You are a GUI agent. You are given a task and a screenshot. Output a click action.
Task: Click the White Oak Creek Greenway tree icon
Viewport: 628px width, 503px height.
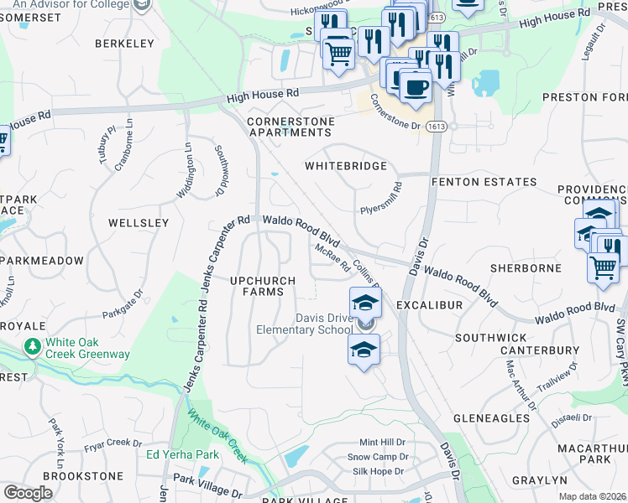click(33, 345)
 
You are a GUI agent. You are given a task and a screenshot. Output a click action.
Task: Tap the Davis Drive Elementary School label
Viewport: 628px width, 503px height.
click(304, 324)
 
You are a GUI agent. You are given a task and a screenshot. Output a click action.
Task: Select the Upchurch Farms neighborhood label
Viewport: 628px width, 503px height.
click(264, 285)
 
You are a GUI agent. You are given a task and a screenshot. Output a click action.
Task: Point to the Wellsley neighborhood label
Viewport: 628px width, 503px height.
click(139, 223)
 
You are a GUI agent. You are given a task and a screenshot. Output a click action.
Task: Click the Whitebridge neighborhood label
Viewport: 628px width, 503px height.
click(346, 167)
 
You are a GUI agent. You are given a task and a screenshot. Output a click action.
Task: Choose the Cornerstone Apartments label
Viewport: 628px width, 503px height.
click(290, 127)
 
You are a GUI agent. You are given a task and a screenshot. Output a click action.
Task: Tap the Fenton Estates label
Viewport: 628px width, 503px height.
click(484, 182)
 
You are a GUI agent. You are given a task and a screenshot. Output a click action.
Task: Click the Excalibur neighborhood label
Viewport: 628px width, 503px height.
click(429, 306)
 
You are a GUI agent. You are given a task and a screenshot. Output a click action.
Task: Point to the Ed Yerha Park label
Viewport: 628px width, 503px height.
click(183, 455)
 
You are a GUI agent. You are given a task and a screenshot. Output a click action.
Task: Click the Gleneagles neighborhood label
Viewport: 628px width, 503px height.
click(493, 417)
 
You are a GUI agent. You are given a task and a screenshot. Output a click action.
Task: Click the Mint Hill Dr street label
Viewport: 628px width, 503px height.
click(382, 442)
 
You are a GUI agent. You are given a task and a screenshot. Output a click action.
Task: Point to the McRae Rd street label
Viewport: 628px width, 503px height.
click(332, 257)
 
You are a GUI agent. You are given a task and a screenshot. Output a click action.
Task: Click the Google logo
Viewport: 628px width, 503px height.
click(28, 493)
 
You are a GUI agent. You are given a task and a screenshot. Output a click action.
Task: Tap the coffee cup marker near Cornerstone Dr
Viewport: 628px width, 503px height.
click(415, 86)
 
